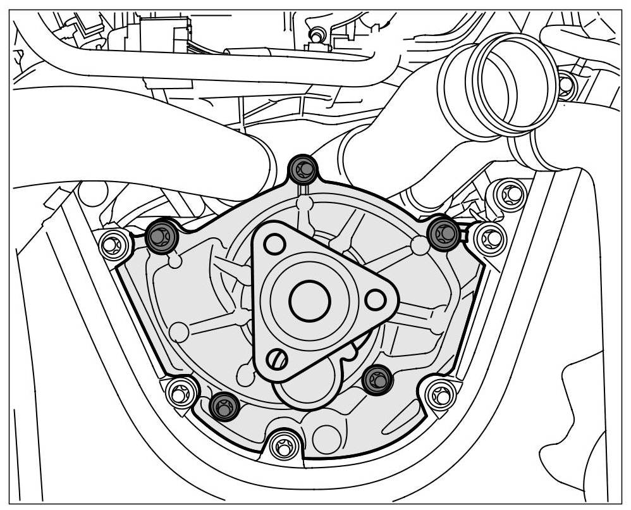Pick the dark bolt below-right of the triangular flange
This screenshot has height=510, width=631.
(378, 380)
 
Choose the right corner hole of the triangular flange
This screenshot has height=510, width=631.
(376, 298)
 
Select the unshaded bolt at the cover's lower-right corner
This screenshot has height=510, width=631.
(439, 394)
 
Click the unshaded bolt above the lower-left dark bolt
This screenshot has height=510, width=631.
(180, 392)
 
